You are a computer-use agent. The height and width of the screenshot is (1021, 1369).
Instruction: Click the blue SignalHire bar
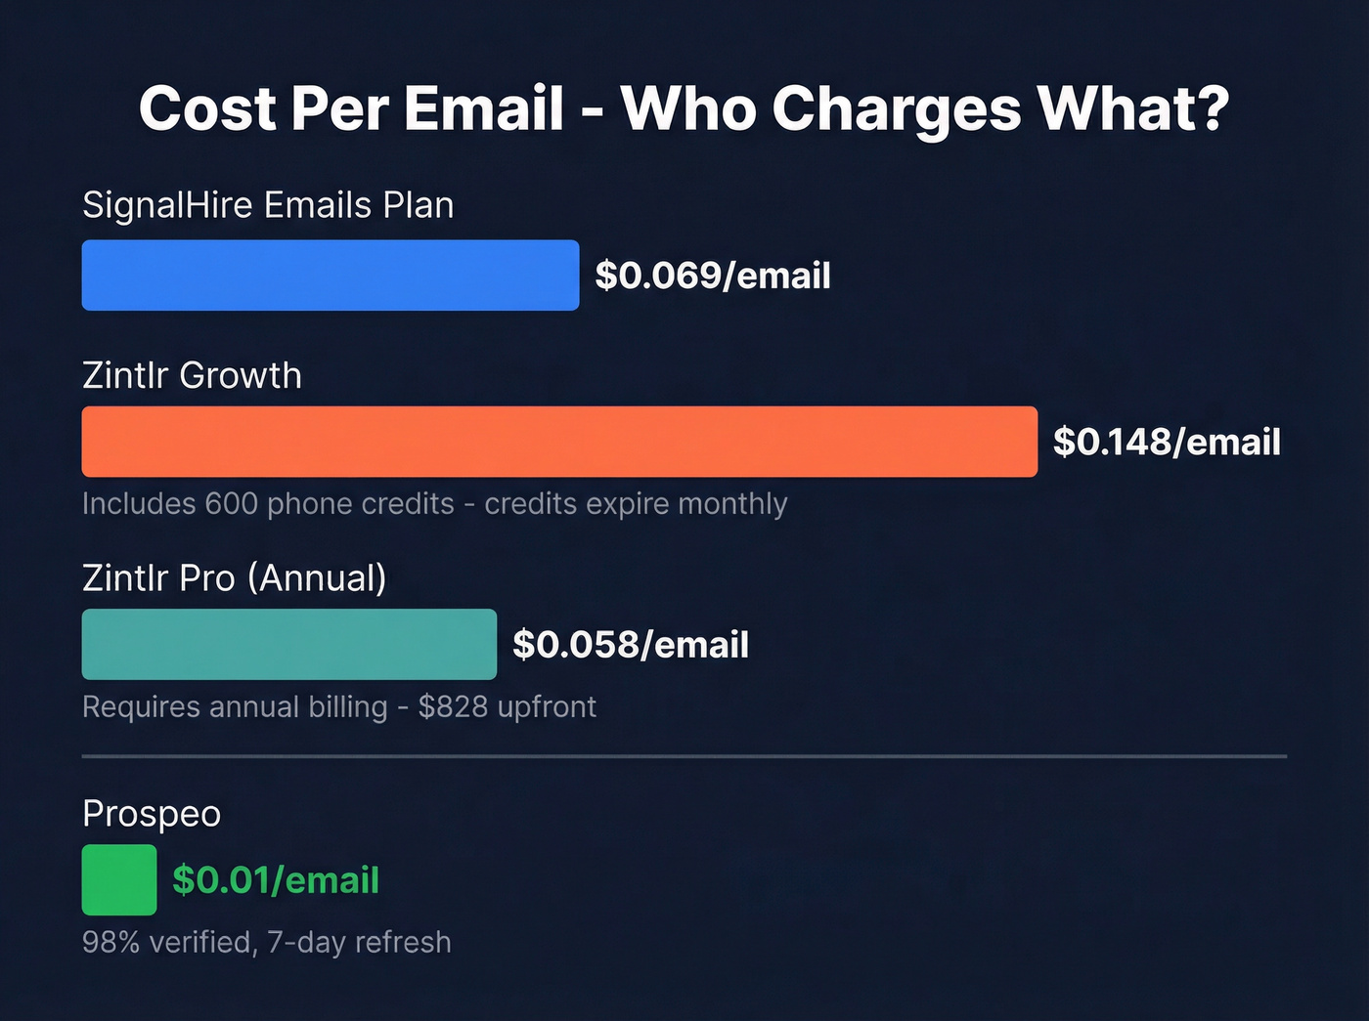pyautogui.click(x=330, y=276)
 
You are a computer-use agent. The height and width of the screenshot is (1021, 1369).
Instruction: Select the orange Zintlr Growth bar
pyautogui.click(x=559, y=442)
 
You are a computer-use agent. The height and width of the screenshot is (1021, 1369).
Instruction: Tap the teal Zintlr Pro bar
pyautogui.click(x=288, y=644)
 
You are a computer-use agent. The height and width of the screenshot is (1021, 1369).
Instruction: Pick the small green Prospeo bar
pyautogui.click(x=119, y=879)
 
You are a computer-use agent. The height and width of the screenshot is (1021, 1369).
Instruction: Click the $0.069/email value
pyautogui.click(x=713, y=276)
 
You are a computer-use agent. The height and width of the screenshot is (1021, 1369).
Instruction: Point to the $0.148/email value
pyautogui.click(x=1167, y=442)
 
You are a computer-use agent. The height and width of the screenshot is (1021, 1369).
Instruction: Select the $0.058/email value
pyautogui.click(x=631, y=645)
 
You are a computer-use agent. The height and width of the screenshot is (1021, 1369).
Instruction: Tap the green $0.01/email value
pyautogui.click(x=276, y=880)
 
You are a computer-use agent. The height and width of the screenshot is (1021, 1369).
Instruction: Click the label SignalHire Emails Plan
pyautogui.click(x=268, y=205)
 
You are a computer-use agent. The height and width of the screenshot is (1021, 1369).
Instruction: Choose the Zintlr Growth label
pyautogui.click(x=192, y=375)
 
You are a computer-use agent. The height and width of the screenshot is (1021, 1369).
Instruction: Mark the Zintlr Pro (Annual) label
pyautogui.click(x=235, y=577)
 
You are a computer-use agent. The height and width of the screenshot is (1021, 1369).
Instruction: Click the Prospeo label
pyautogui.click(x=152, y=814)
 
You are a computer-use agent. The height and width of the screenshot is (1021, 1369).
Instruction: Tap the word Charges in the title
pyautogui.click(x=897, y=109)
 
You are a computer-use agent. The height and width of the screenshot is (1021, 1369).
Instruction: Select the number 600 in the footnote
pyautogui.click(x=231, y=504)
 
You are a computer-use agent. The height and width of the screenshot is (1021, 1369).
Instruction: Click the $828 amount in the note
pyautogui.click(x=453, y=706)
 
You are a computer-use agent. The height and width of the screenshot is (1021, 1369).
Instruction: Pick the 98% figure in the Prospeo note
pyautogui.click(x=111, y=942)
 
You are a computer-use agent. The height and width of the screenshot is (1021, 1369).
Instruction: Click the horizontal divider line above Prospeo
pyautogui.click(x=684, y=756)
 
